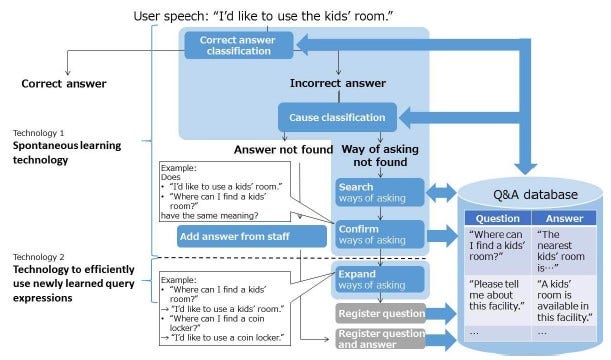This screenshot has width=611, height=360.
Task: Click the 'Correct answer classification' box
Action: [238, 44]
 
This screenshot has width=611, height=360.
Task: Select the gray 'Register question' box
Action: [379, 313]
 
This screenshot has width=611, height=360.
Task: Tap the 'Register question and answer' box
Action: [379, 337]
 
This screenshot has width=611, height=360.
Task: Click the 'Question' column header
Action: [495, 216]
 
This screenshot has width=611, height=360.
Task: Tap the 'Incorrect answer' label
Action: [337, 83]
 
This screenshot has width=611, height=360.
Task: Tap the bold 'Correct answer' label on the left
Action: [64, 84]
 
